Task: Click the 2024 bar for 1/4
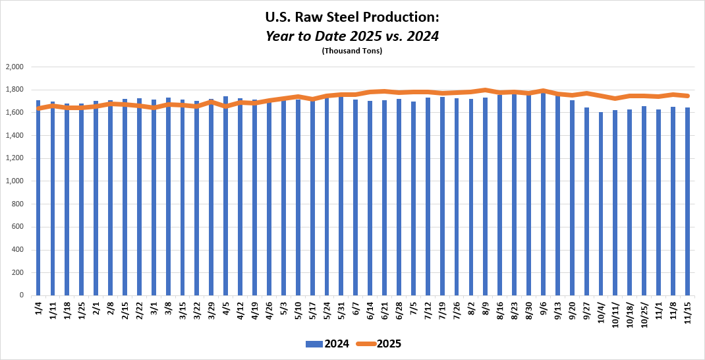[x=38, y=198]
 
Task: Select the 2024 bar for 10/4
[x=601, y=204]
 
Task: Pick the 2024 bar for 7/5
[x=413, y=198]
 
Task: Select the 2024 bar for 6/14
[x=370, y=198]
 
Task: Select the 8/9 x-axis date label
[x=486, y=309]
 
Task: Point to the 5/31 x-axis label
[x=341, y=310]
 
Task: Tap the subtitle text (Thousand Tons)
[x=352, y=51]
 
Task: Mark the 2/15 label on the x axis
[x=125, y=310]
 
